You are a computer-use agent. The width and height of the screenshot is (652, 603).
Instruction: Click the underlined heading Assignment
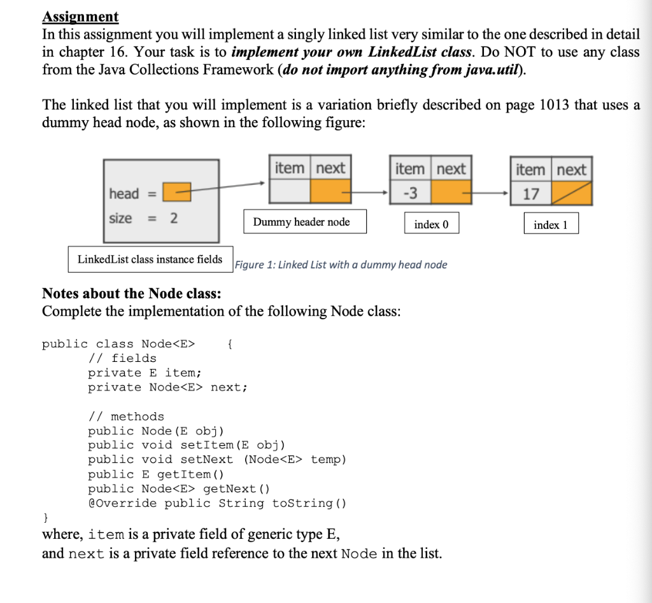click(80, 17)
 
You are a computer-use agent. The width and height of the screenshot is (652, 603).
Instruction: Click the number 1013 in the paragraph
click(549, 105)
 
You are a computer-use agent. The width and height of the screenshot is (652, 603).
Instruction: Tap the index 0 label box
click(431, 225)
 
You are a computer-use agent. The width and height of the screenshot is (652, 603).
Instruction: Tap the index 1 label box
click(551, 225)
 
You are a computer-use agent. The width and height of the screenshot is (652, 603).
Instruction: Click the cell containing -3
click(411, 193)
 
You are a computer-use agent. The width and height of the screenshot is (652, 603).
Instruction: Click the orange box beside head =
click(177, 191)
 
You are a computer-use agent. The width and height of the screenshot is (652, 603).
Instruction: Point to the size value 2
click(173, 218)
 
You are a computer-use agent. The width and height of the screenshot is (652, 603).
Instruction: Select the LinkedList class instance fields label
click(150, 259)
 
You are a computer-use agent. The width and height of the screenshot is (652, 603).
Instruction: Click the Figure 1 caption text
click(341, 265)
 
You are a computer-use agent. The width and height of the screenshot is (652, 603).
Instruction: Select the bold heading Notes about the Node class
click(131, 294)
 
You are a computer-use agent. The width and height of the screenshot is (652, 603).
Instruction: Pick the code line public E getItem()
click(155, 474)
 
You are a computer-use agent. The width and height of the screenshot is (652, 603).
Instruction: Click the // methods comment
click(125, 417)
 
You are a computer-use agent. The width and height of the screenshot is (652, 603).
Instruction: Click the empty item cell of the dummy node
click(290, 191)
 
